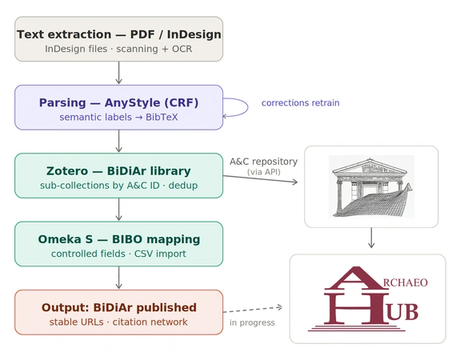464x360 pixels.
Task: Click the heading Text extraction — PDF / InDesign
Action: click(x=118, y=34)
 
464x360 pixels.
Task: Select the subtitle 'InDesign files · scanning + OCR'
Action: click(x=118, y=49)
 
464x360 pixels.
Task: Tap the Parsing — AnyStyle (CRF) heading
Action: click(x=118, y=102)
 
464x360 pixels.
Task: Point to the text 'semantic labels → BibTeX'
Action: click(x=118, y=117)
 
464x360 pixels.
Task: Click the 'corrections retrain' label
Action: click(x=300, y=102)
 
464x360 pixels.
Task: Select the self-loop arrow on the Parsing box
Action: click(x=248, y=107)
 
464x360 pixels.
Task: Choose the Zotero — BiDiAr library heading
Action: click(x=118, y=171)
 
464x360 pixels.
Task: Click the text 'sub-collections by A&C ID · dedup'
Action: click(x=118, y=186)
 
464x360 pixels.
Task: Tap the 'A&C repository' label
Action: click(x=264, y=162)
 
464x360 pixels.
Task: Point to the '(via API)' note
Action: click(x=264, y=172)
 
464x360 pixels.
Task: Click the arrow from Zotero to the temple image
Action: click(x=260, y=179)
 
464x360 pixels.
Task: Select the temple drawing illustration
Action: click(x=371, y=187)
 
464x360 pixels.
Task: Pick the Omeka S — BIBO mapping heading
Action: click(x=119, y=239)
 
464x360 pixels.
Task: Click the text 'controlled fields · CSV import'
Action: click(x=118, y=254)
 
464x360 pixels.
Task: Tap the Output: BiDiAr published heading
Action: click(x=119, y=308)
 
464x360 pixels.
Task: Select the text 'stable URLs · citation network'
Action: click(x=118, y=322)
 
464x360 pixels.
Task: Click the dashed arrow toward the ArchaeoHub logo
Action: click(x=253, y=310)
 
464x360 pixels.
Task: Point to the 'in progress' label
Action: click(x=252, y=322)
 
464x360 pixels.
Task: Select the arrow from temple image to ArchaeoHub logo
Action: click(x=371, y=238)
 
